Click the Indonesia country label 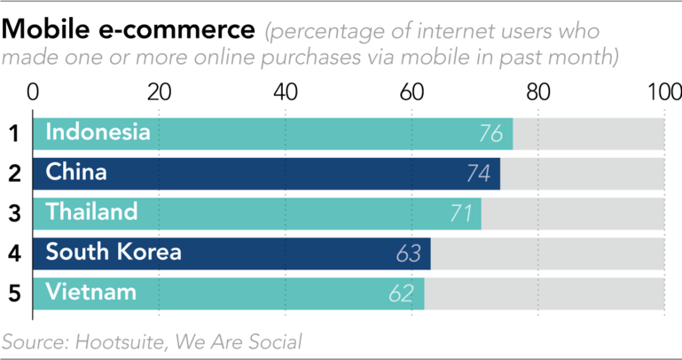click(98, 133)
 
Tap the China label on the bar click(76, 172)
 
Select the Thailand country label click(92, 212)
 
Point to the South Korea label click(114, 252)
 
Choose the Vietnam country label click(91, 292)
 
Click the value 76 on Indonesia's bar click(490, 135)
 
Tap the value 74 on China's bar click(478, 174)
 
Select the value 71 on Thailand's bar click(459, 214)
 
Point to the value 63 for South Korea click(408, 254)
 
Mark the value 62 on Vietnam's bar click(402, 293)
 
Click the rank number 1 click(14, 134)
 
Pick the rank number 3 click(14, 213)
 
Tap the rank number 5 click(14, 292)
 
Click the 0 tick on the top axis click(34, 92)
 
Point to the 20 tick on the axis click(159, 92)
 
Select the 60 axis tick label click(412, 92)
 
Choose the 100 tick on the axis click(663, 92)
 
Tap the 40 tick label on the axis click(286, 92)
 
